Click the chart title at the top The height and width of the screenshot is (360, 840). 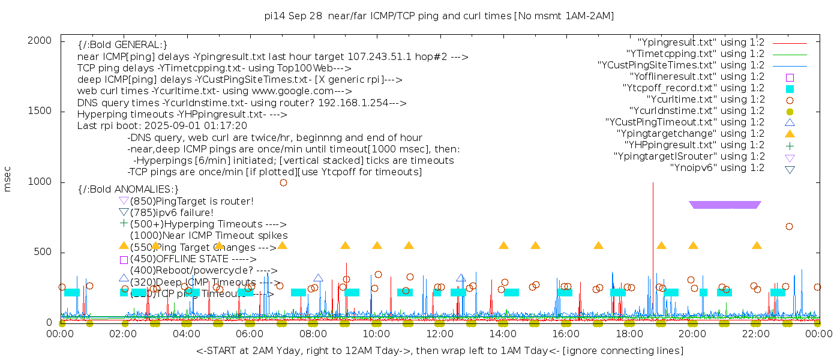[x=439, y=16]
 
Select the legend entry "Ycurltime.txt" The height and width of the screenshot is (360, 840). [x=706, y=100]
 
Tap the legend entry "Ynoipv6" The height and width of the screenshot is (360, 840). [x=717, y=168]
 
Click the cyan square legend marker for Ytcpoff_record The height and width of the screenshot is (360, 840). [x=790, y=88]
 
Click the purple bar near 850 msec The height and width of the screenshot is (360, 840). [x=725, y=205]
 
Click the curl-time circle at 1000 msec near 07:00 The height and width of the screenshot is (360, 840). [x=283, y=182]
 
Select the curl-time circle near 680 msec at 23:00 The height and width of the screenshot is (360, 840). [x=789, y=226]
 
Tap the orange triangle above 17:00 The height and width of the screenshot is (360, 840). [x=598, y=245]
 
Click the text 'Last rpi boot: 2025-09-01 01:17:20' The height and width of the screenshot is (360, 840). [x=162, y=126]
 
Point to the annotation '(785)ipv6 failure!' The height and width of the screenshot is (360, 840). [x=172, y=212]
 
